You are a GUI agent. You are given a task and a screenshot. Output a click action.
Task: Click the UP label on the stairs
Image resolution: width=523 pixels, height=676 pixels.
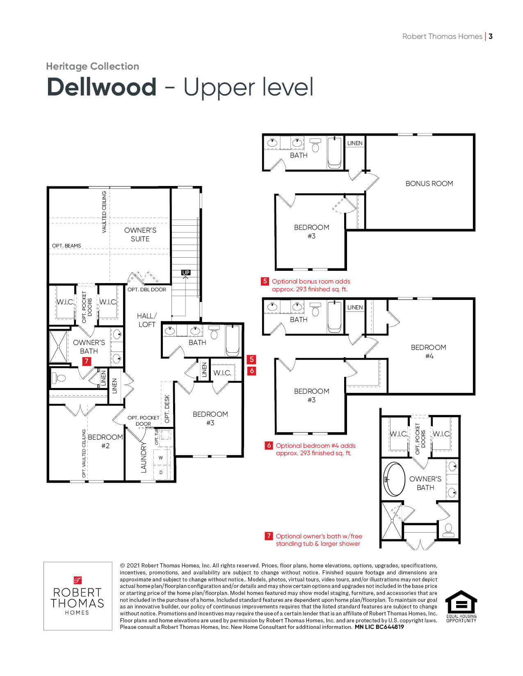(x=186, y=272)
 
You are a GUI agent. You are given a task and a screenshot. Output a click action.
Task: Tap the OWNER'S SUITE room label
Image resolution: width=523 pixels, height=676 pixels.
(x=140, y=235)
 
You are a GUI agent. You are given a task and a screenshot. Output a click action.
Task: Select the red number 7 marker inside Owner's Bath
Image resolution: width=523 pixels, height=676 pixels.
(x=87, y=361)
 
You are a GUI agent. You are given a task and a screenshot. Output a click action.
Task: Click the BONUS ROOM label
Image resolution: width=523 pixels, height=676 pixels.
(x=429, y=184)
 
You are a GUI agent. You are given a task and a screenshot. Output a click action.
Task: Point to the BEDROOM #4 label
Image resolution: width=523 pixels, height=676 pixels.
(x=429, y=352)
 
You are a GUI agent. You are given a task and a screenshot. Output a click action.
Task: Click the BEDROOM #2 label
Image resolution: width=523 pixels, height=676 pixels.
(x=105, y=441)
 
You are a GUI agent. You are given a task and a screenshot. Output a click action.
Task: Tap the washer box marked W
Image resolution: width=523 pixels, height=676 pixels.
(x=161, y=458)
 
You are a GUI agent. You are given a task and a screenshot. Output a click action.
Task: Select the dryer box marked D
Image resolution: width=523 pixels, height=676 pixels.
(x=161, y=472)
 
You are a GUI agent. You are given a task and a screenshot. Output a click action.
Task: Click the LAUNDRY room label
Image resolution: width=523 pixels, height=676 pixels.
(x=143, y=457)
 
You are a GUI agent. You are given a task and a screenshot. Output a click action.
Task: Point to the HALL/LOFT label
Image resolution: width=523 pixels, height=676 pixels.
(x=147, y=320)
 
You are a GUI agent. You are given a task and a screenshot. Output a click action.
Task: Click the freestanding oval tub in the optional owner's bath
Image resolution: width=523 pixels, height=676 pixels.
(x=394, y=479)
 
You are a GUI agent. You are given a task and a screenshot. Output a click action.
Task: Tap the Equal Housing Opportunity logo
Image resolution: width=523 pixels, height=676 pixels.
(x=461, y=606)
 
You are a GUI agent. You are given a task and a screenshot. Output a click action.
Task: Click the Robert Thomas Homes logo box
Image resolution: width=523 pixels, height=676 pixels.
(x=78, y=596)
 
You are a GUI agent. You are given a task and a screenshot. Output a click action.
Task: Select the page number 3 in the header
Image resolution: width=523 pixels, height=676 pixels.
(x=491, y=36)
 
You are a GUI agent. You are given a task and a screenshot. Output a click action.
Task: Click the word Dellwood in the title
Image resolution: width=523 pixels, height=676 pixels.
(x=102, y=87)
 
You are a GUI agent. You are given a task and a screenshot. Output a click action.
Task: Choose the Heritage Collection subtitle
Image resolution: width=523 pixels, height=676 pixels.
(x=93, y=66)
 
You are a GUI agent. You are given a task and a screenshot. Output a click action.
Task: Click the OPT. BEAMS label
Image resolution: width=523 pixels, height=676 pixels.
(x=66, y=246)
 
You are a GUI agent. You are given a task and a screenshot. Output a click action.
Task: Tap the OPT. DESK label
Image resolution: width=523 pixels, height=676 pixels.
(x=167, y=409)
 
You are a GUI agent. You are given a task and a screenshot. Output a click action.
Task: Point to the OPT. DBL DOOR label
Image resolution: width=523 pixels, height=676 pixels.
(x=147, y=290)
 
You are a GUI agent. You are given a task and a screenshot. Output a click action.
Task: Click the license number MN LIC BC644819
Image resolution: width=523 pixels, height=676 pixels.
(x=379, y=627)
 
